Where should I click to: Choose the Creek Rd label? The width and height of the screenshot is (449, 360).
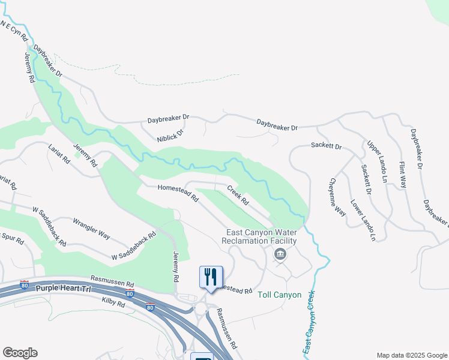pos(238,195)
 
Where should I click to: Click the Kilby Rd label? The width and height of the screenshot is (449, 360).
pos(113,304)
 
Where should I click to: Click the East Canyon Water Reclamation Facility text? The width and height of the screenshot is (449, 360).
pos(261,236)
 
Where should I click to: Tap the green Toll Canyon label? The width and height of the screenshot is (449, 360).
pos(279,295)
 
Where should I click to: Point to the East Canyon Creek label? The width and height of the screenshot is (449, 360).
pos(309,323)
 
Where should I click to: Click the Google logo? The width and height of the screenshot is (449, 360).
pos(20,353)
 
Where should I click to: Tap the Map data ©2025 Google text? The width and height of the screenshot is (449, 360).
pos(411,355)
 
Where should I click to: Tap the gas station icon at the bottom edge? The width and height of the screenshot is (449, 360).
pos(202,357)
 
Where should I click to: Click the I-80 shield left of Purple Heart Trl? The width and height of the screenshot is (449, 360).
pos(25,283)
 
